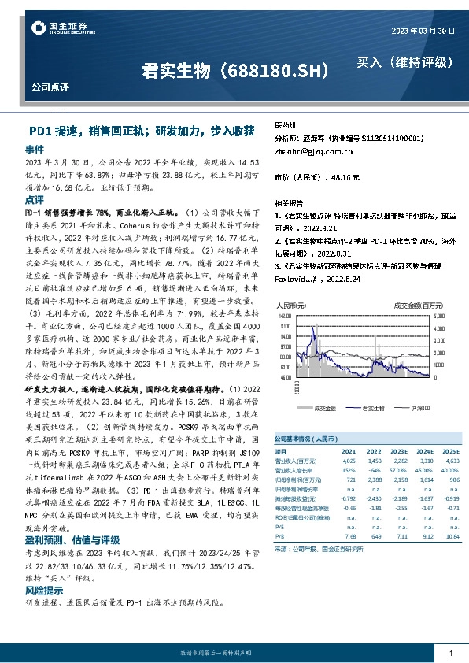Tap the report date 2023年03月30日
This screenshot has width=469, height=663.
423,31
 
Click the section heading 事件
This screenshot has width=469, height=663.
34,148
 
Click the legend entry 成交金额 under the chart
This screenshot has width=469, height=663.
325,408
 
